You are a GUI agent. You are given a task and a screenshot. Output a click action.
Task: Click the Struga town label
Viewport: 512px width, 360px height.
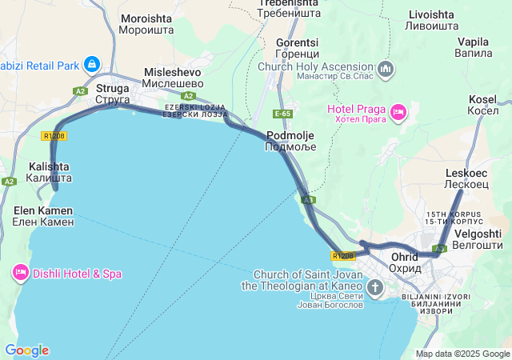coord(113,94)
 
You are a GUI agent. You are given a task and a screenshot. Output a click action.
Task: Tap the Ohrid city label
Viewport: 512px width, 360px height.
coord(406,262)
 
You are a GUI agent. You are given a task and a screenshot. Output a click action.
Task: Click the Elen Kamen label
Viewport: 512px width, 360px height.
coord(42,215)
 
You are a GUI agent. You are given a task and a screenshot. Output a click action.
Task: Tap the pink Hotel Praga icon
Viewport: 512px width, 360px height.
coord(398,111)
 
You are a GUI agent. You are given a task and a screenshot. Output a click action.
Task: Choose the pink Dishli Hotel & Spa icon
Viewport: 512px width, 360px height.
coord(21,274)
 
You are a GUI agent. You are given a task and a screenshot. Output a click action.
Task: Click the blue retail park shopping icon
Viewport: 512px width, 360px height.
coord(92,63)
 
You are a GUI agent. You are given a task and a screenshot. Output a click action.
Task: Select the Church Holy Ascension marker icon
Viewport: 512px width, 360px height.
coord(386,69)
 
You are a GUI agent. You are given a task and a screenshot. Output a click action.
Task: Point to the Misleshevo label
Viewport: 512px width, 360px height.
coord(172,78)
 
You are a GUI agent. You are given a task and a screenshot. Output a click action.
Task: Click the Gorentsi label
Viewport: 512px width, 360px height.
coord(297,48)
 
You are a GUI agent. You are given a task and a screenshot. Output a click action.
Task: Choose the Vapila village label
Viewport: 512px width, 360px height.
coord(473,47)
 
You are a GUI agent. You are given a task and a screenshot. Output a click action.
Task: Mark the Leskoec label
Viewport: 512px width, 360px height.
coord(466,178)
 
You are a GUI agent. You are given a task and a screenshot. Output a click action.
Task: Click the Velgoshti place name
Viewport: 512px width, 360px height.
coord(478,239)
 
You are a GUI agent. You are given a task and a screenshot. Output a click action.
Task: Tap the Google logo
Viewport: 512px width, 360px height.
coord(26,350)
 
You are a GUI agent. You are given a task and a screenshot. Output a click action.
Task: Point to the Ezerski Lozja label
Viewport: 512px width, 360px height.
coord(196,111)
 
